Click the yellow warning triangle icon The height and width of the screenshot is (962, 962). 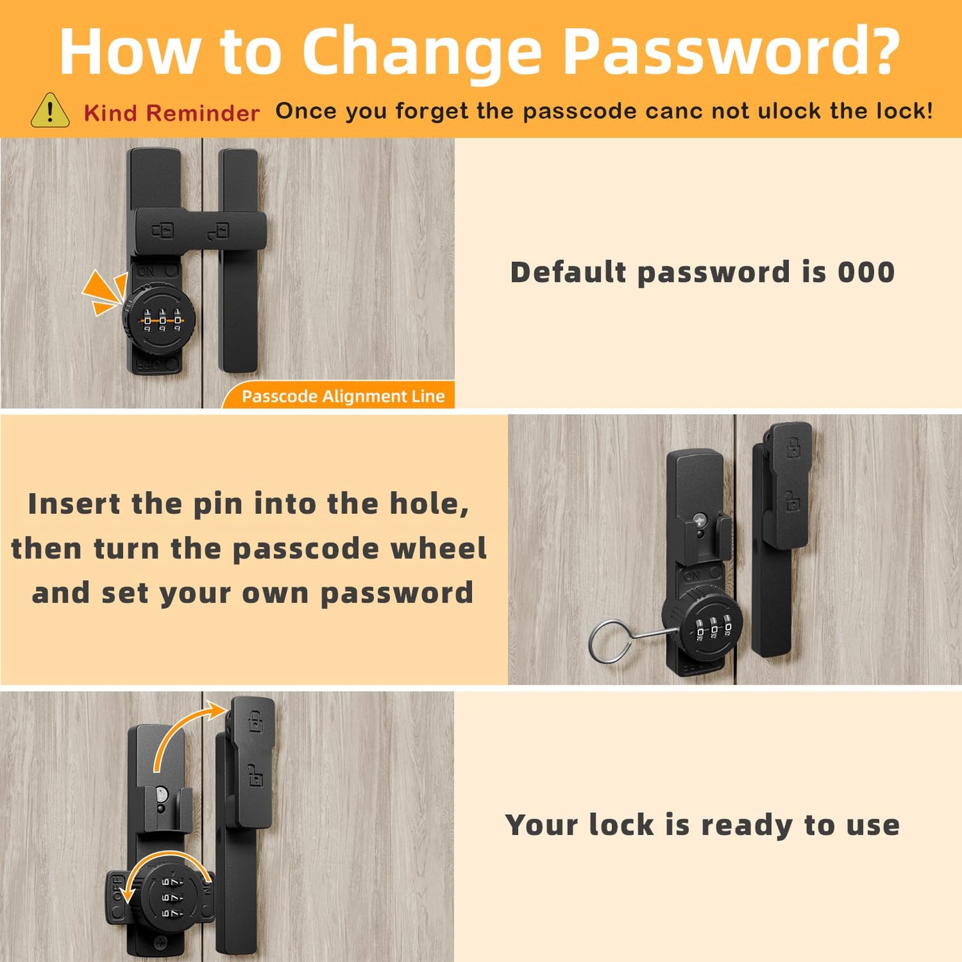coord(50,111)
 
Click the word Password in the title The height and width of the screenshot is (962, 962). coord(732,52)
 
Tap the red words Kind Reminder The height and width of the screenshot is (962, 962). coord(172,113)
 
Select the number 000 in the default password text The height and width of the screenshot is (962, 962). coord(866,272)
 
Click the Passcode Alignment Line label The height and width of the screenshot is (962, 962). coord(344,396)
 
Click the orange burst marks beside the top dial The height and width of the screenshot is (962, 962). coord(105,292)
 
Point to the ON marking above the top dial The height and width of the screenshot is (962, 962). coord(146,272)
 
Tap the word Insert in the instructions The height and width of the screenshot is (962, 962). coord(74,503)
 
